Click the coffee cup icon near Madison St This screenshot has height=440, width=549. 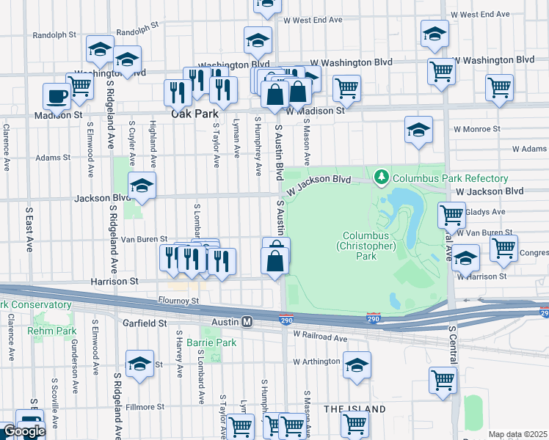tap(57, 95)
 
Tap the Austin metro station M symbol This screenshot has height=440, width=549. tap(247, 322)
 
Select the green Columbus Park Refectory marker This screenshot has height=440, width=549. tap(381, 177)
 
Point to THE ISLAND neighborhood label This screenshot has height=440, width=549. tap(355, 408)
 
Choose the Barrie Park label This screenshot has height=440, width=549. tap(211, 342)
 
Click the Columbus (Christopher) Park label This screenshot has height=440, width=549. tap(366, 246)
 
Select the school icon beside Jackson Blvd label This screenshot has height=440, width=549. tap(142, 186)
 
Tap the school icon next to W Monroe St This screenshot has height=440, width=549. tap(418, 129)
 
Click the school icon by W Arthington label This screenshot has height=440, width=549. tap(357, 364)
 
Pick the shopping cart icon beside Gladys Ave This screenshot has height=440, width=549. tap(451, 215)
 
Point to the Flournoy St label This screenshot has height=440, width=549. tap(179, 301)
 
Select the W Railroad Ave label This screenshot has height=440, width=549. tap(320, 338)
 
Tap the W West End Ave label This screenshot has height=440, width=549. tap(480, 14)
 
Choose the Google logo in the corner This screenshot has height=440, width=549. tap(23, 432)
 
